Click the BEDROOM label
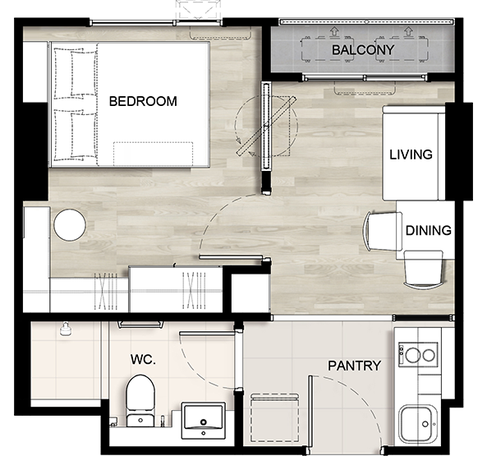143,101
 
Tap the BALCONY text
363,50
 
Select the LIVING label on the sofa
411,154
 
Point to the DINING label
429,230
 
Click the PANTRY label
355,366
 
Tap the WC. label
143,359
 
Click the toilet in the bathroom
140,401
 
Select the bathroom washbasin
204,421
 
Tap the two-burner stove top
418,354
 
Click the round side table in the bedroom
70,225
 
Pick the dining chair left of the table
383,231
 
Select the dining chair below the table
423,270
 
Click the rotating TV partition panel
266,126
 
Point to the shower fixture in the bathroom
65,329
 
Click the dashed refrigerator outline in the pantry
274,418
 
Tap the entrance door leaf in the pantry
310,412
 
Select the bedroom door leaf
231,257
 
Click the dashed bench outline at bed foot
153,154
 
